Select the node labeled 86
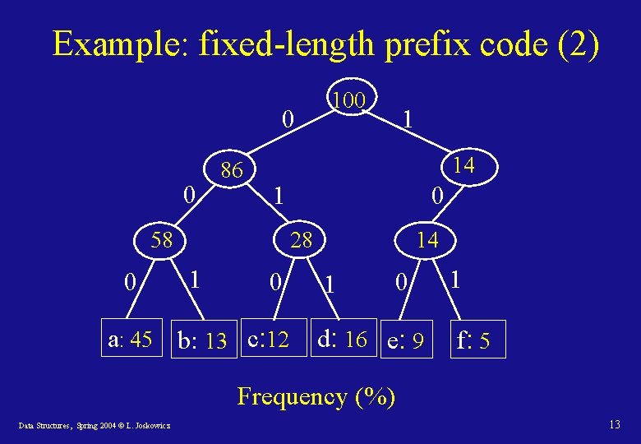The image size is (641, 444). click(x=232, y=171)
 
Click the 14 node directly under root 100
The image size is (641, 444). click(x=463, y=165)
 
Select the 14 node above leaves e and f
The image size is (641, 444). click(x=427, y=240)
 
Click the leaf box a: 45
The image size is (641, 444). click(x=130, y=339)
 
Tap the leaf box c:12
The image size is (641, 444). click(x=269, y=339)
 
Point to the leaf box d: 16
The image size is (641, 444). click(x=343, y=338)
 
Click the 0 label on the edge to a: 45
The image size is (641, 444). click(x=129, y=283)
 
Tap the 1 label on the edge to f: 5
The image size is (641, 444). click(x=455, y=280)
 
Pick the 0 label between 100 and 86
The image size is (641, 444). click(x=286, y=120)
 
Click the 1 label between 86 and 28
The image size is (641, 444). click(x=279, y=197)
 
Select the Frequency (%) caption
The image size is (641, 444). click(x=316, y=397)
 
